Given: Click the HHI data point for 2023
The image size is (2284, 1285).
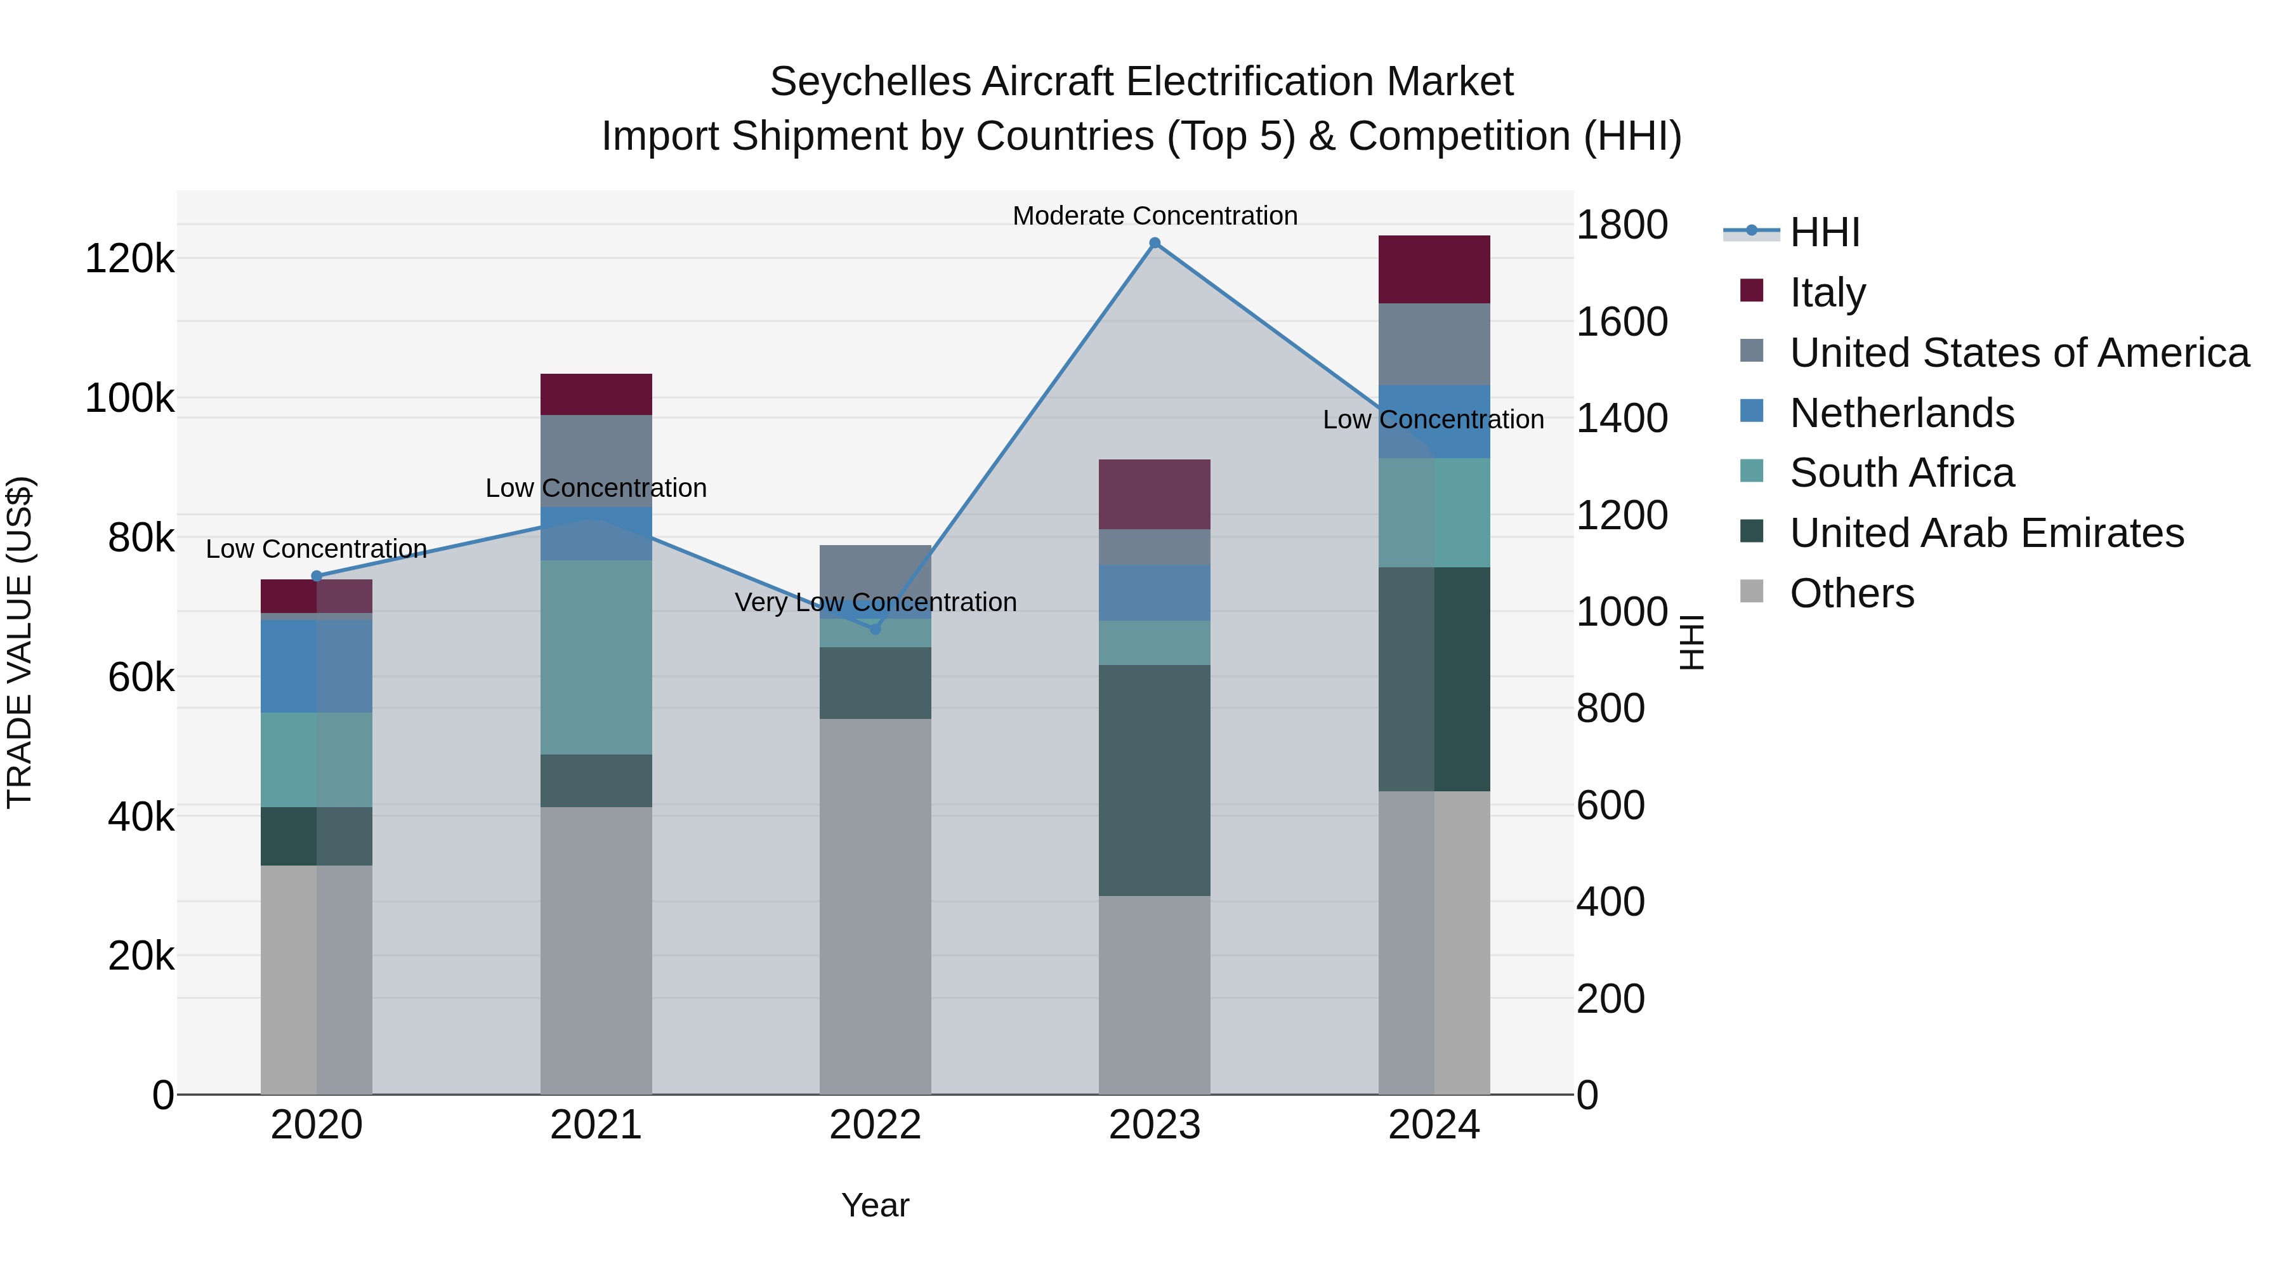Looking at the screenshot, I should pos(1155,243).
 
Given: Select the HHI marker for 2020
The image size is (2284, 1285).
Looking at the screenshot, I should pos(317,576).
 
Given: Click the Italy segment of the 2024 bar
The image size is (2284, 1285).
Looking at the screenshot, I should pos(1434,270).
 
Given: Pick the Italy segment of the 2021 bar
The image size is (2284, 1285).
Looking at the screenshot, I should pos(596,395).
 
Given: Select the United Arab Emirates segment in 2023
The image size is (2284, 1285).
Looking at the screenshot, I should pos(1155,781).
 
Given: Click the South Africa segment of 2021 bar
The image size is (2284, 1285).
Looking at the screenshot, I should pos(596,657).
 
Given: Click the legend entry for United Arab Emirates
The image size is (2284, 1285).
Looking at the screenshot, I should pos(1986,533).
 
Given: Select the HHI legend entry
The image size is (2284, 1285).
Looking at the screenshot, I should pos(1824,232).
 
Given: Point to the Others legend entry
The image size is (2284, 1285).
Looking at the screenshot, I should pos(1851,593).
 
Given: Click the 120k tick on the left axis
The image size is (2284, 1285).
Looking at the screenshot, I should pos(129,260).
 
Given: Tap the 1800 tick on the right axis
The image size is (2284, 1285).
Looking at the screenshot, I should pos(1622,225).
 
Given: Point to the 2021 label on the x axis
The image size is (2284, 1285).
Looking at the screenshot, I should pos(596,1125).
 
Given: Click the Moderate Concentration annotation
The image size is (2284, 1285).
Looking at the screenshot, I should pos(1155,216).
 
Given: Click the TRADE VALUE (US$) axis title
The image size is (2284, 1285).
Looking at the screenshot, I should pos(20,642).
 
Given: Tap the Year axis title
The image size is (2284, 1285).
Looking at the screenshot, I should pos(875,1205).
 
